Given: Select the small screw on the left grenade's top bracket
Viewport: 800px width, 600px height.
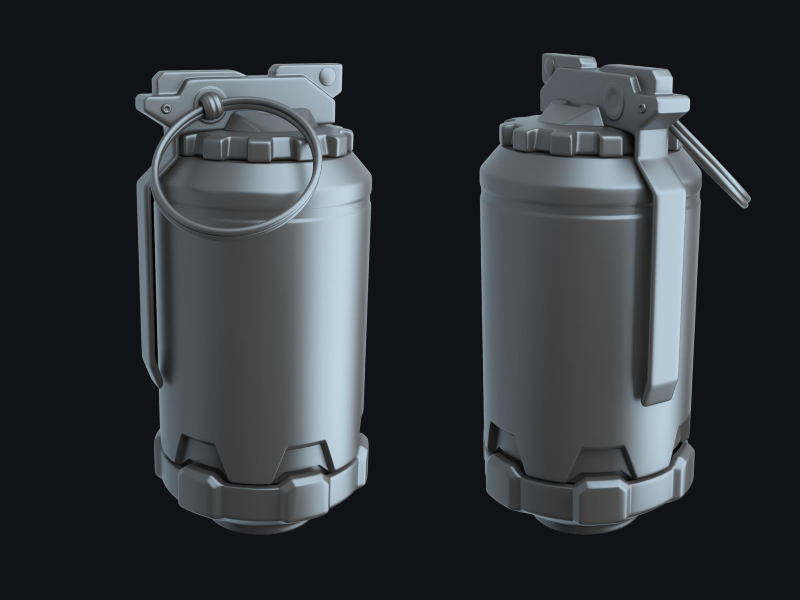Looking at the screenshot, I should [x=166, y=108].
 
